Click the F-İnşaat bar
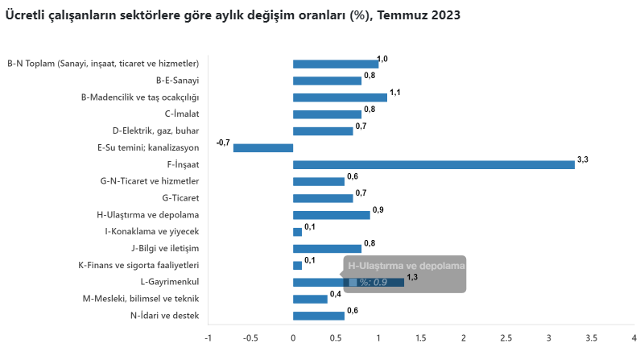pyautogui.click(x=433, y=164)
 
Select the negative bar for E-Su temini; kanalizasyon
pyautogui.click(x=263, y=147)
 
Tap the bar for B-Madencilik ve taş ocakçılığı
pyautogui.click(x=340, y=97)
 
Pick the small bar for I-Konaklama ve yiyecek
pyautogui.click(x=297, y=232)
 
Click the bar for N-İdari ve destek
pyautogui.click(x=319, y=316)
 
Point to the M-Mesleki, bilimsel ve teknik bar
pyautogui.click(x=310, y=299)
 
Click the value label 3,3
pyautogui.click(x=584, y=159)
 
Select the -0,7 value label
pyautogui.click(x=223, y=143)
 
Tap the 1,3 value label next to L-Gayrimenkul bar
pyautogui.click(x=413, y=277)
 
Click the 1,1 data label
pyautogui.click(x=394, y=93)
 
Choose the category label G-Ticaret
pyautogui.click(x=180, y=197)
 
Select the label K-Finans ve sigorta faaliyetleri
pyautogui.click(x=138, y=265)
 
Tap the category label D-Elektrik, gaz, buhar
pyautogui.click(x=155, y=130)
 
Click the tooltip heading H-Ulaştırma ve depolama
pyautogui.click(x=407, y=265)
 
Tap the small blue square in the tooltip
pyautogui.click(x=353, y=282)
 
